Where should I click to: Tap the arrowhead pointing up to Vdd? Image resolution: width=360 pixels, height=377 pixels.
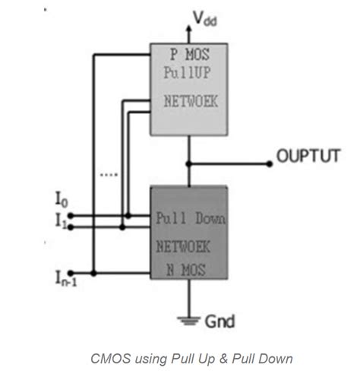pyautogui.click(x=188, y=25)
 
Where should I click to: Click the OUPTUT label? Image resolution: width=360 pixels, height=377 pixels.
pyautogui.click(x=307, y=157)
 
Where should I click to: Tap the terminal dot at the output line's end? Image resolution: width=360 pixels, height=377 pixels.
pyautogui.click(x=271, y=163)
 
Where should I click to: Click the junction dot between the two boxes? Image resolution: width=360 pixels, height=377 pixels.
pyautogui.click(x=188, y=163)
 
